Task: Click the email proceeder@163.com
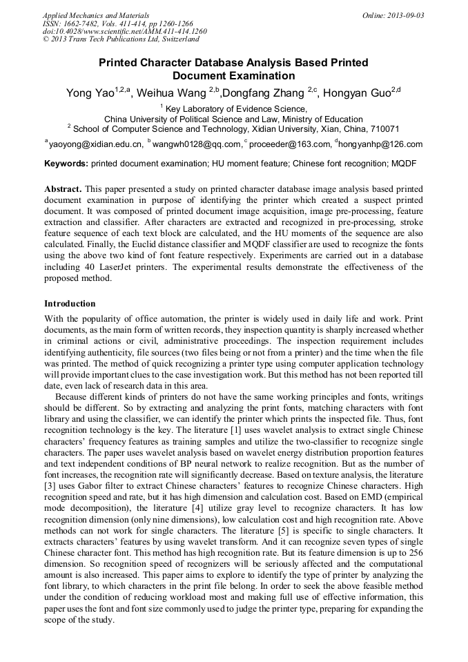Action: (x=290, y=144)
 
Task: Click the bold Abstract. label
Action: (x=63, y=189)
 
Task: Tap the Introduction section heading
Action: (x=70, y=304)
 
